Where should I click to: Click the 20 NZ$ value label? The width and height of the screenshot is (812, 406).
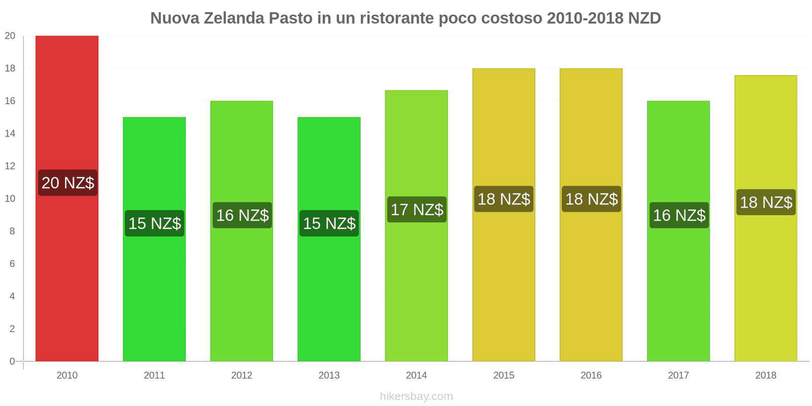point(67,183)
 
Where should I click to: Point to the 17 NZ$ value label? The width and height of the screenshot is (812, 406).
point(417,210)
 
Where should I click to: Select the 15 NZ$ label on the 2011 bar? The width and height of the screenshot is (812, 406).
point(155,223)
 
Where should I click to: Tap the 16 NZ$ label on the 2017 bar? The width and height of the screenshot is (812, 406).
point(679,215)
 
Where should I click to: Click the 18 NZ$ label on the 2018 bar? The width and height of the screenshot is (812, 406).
point(766,202)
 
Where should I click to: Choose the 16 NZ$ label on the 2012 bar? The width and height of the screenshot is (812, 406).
point(242,215)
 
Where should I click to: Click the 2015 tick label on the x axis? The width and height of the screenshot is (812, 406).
point(503,376)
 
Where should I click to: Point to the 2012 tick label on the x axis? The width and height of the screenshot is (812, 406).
point(242,376)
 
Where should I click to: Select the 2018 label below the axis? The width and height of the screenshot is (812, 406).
point(765,376)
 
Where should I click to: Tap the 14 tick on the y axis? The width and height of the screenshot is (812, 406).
point(10,133)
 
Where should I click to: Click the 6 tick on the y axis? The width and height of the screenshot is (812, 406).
point(12,263)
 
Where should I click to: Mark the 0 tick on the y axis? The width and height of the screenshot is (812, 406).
point(12,361)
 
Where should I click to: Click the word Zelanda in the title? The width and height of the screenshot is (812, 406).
point(234,18)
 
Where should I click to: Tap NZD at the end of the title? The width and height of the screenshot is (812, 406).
point(644,18)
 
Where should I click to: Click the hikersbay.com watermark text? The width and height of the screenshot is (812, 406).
point(416,396)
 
